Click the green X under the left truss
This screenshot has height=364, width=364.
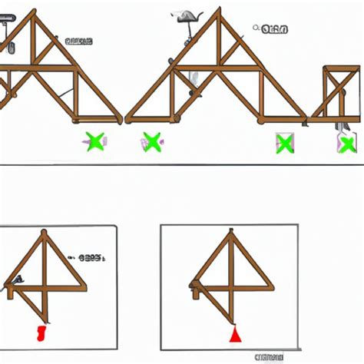[x=95, y=141]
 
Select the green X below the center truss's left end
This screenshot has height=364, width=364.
[x=151, y=141]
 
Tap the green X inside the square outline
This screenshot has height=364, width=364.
[x=284, y=143]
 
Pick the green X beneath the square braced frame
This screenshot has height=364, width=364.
[x=347, y=144]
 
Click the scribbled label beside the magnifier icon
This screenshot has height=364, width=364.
[x=274, y=30]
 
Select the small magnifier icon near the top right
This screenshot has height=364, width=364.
[x=256, y=28]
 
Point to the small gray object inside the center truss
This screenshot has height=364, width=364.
[x=194, y=78]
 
